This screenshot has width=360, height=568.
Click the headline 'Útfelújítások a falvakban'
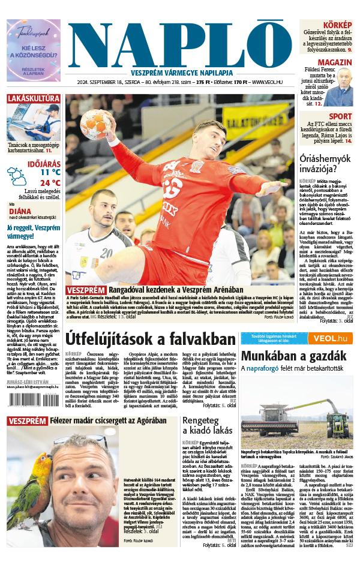[x=151, y=338]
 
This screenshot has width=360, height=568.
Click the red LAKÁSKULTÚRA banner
[x=33, y=98]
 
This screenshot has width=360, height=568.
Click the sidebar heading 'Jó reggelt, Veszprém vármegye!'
[x=33, y=231]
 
